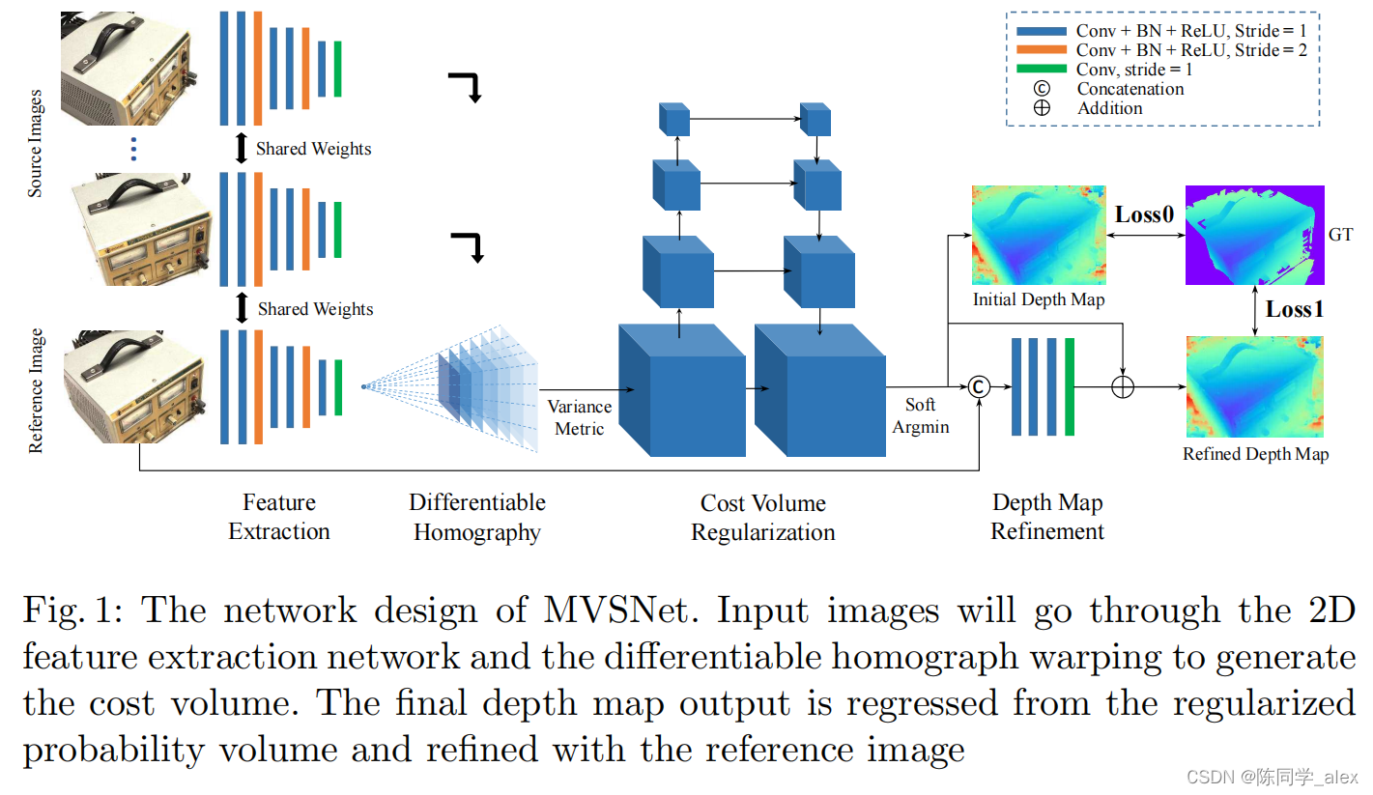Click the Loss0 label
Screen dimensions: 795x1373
1145,214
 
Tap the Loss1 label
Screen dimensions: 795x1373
1295,309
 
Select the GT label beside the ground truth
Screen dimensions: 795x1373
1341,234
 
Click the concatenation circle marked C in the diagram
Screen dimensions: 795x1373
979,387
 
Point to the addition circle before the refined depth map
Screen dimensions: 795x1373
1122,387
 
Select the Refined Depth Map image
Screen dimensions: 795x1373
1254,387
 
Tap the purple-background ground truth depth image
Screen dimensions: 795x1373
1254,236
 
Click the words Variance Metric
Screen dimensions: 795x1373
580,417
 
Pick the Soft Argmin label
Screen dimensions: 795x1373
921,415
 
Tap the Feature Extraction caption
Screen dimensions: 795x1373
279,517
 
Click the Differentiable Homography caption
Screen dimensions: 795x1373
477,517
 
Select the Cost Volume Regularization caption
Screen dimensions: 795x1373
762,518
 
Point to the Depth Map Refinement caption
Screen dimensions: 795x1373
1047,517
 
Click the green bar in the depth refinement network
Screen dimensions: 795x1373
1069,386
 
